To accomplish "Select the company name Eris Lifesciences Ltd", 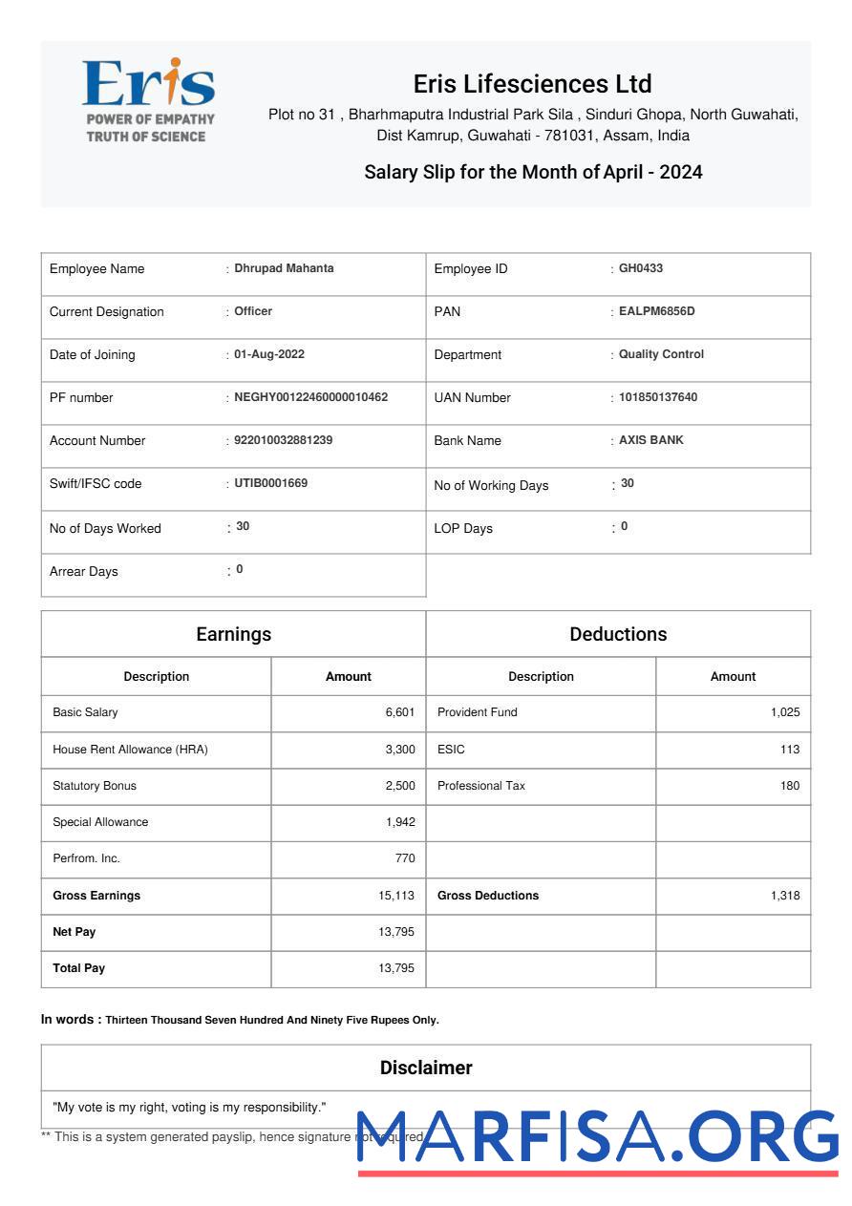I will pos(532,84).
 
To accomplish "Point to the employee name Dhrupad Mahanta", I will pos(285,268).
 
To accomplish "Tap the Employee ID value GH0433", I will pos(641,268).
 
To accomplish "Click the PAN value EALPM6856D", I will pos(657,311).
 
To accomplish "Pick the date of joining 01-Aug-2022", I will pos(269,354).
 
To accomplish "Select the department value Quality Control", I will pos(661,354).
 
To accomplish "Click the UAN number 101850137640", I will pos(658,397).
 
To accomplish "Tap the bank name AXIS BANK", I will pos(651,440).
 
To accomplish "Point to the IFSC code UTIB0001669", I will pos(271,483).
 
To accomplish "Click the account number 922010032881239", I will pos(284,440).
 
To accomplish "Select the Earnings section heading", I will pos(233,634).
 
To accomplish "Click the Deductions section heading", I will pos(618,634).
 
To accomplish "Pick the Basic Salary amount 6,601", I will pos(400,712).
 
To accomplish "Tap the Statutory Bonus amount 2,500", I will pos(400,786).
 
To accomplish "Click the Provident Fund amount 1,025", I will pos(785,712).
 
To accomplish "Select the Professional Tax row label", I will pos(481,786).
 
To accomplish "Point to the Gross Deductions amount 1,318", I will pos(785,896).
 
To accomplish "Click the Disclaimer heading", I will pos(426,1068).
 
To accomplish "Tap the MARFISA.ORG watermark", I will pos(598,1139).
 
